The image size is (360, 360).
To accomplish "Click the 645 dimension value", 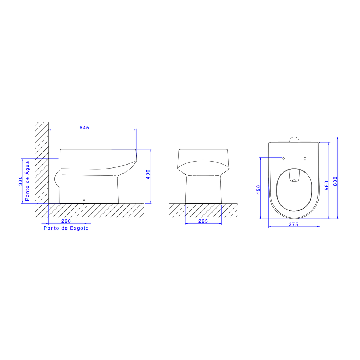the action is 84,128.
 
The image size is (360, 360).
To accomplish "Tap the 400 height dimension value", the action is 148,174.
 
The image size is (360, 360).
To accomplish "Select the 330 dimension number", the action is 20,181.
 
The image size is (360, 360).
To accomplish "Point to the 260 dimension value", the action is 66,221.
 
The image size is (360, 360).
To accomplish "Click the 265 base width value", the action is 203,221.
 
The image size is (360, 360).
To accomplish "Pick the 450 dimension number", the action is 259,190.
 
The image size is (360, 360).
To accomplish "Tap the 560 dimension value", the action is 327,186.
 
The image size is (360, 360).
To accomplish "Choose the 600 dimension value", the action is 335,181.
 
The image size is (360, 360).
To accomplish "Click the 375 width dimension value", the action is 294,224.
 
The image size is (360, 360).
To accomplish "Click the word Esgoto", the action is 80,228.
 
